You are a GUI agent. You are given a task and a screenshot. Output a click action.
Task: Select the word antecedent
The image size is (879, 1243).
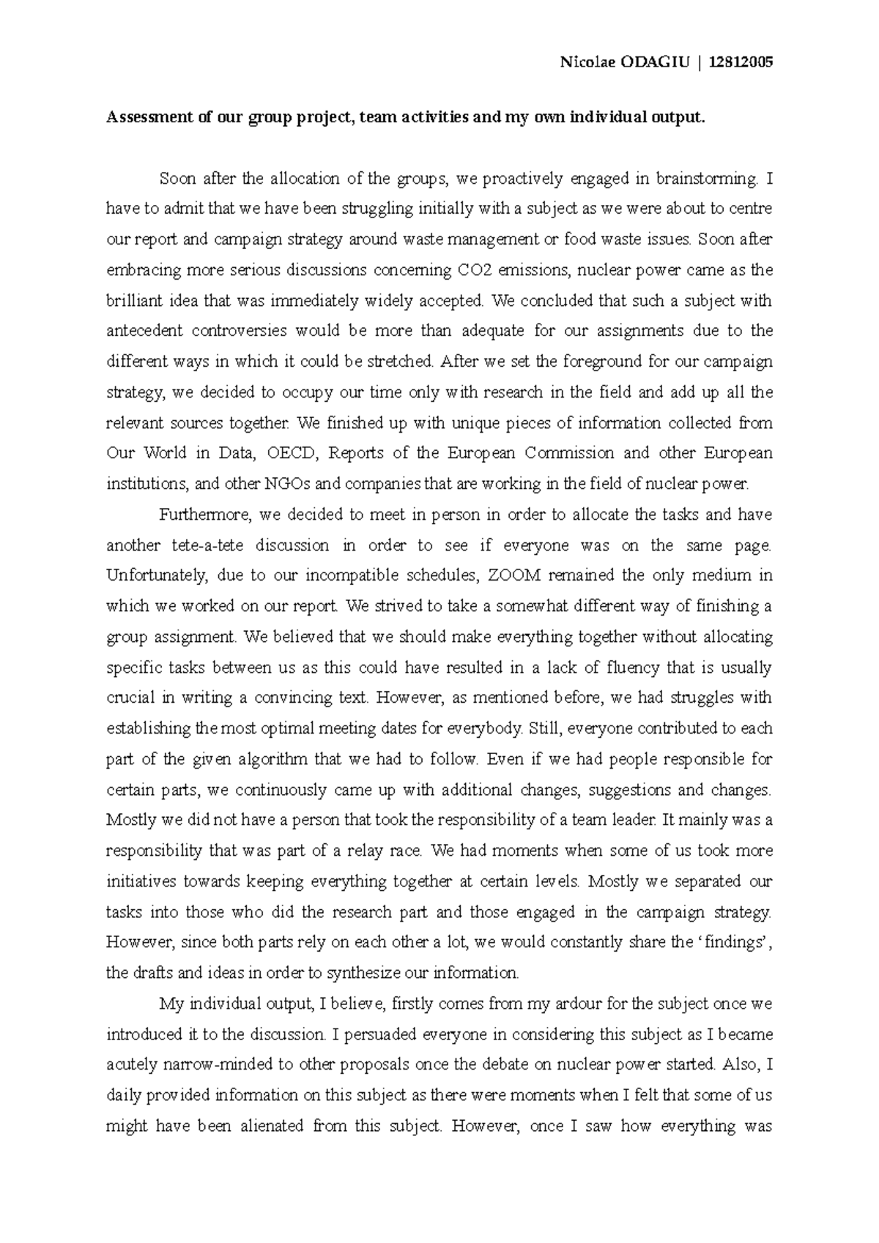[144, 331]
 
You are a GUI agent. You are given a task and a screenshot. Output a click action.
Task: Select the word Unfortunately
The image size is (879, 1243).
[156, 575]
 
